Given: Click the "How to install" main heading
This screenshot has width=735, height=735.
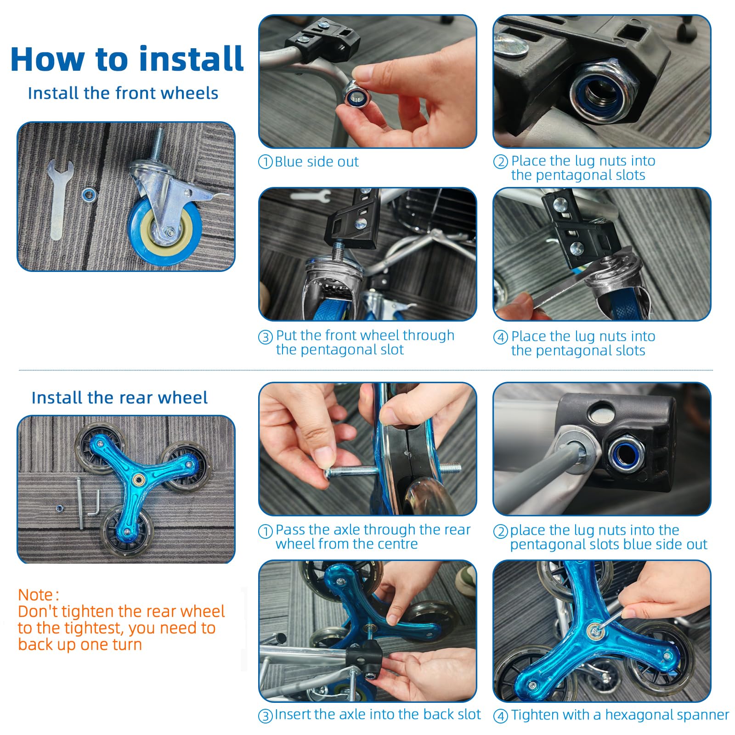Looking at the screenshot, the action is click(127, 59).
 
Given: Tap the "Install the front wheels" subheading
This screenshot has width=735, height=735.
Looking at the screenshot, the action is click(123, 93).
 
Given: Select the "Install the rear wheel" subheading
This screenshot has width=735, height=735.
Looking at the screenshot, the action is click(119, 398).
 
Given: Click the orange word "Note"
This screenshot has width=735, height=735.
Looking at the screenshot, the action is click(35, 595).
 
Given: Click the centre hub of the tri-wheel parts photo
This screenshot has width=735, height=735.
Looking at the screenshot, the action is click(137, 480).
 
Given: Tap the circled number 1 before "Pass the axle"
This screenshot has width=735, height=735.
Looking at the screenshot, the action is click(266, 532).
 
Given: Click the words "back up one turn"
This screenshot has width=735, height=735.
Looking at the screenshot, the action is click(80, 645).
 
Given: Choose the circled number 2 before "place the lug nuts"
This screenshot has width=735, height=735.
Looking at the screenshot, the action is click(500, 532).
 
